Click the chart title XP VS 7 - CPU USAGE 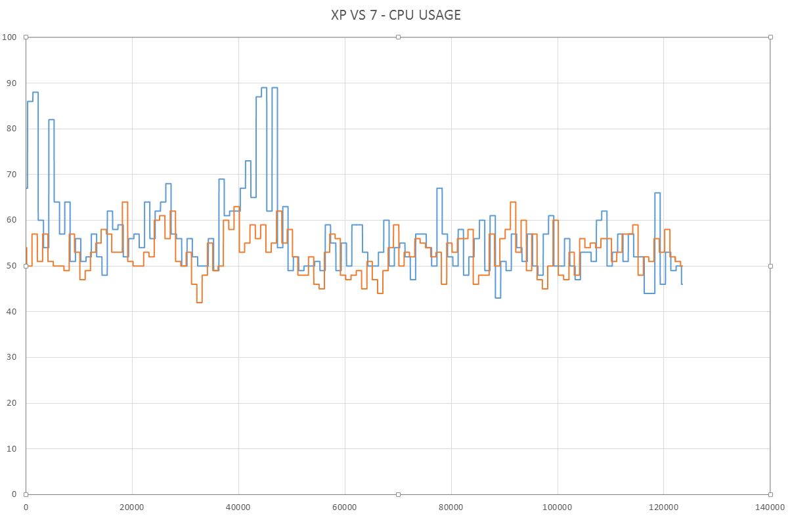pos(396,15)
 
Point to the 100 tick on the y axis pos(9,37)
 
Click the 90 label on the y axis pos(11,83)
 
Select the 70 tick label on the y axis pos(11,174)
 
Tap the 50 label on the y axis pos(11,265)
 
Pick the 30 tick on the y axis pos(11,356)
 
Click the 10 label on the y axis pos(11,448)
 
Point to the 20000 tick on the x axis pos(132,507)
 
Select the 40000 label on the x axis pos(238,507)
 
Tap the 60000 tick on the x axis pos(345,507)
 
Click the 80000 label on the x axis pos(451,507)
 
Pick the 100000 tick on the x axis pos(558,507)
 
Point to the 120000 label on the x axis pos(664,507)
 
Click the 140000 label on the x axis pos(770,507)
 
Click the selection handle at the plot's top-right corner pos(770,37)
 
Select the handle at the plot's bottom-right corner pos(770,494)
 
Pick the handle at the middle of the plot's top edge pos(398,37)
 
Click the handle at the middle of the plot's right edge pos(770,265)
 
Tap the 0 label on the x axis pos(26,507)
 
